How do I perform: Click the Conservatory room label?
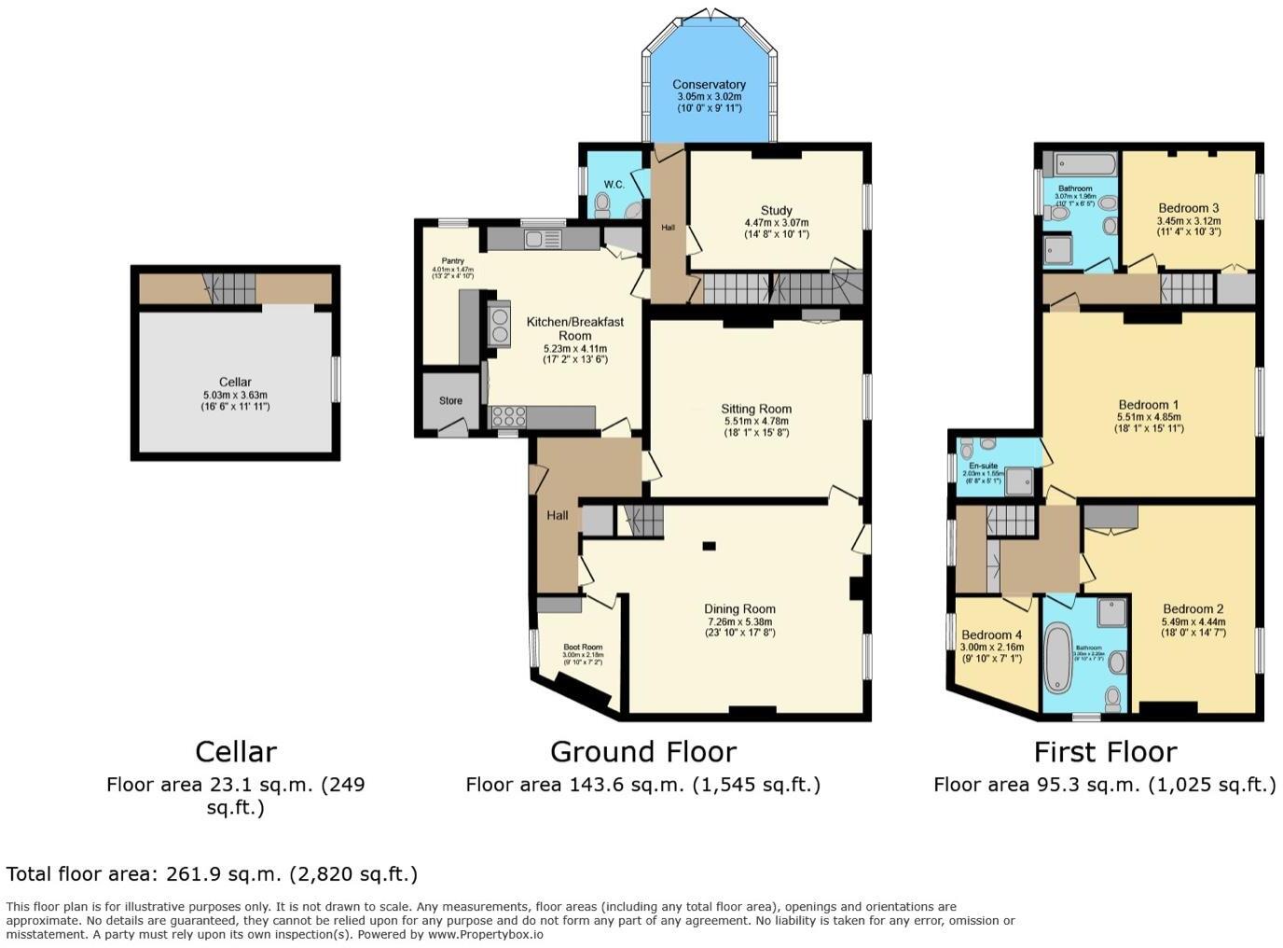(710, 85)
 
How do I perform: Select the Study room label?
(776, 211)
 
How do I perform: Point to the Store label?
(450, 401)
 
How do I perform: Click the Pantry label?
(453, 261)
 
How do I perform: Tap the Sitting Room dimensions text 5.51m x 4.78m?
(756, 421)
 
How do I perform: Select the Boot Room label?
(583, 647)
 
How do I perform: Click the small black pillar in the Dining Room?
(710, 546)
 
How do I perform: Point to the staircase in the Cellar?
(231, 288)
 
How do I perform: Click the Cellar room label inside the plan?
(235, 382)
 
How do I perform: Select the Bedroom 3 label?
(1189, 208)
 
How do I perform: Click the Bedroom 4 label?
(991, 635)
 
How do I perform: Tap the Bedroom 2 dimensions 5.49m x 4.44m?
(1193, 622)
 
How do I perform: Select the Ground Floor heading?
(643, 752)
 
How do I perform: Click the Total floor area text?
(212, 874)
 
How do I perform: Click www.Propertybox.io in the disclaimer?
(485, 934)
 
